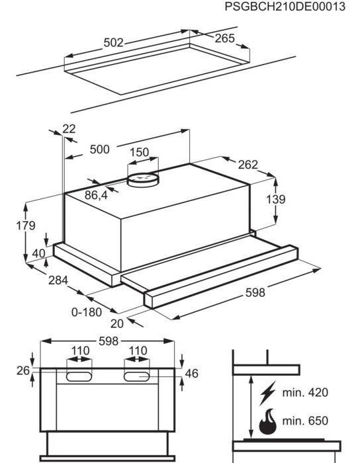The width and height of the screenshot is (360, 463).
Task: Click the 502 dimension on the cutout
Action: (x=114, y=43)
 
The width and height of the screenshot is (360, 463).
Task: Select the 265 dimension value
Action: (x=224, y=39)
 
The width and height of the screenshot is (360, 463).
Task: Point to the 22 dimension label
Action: (x=69, y=128)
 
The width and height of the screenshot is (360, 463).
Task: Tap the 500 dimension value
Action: (x=99, y=149)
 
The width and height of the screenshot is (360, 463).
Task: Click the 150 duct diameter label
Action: (x=139, y=152)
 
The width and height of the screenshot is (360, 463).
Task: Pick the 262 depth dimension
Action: (x=247, y=165)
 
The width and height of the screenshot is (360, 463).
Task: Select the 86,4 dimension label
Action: (x=96, y=195)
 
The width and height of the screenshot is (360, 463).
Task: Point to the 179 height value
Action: (x=25, y=226)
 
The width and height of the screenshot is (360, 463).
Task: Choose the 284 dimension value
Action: (x=58, y=280)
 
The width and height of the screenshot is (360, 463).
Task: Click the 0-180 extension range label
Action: (x=86, y=312)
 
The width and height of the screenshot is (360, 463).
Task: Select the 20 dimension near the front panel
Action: (x=116, y=323)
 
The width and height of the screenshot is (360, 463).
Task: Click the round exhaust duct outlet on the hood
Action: (x=143, y=179)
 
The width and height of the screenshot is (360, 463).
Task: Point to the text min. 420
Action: (x=305, y=393)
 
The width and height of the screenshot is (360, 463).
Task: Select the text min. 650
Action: (x=305, y=421)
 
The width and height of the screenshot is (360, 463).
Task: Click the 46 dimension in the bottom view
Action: (x=191, y=374)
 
